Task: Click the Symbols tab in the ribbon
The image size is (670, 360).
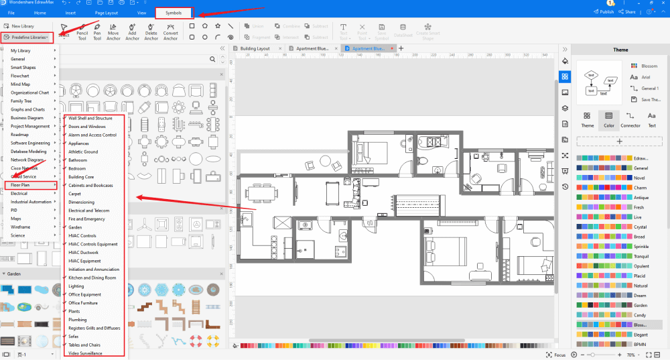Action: (x=174, y=13)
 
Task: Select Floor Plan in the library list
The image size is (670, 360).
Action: (x=21, y=184)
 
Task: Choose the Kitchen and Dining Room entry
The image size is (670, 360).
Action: (x=92, y=278)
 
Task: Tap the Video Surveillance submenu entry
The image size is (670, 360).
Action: (x=85, y=353)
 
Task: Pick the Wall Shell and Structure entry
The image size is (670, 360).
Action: (x=90, y=118)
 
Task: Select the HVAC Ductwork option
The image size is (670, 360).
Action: (x=83, y=252)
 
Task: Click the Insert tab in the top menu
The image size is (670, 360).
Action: (x=71, y=13)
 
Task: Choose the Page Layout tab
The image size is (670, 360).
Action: (x=106, y=13)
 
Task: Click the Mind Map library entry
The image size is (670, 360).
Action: (x=20, y=84)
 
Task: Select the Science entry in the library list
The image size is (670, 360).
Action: (x=18, y=235)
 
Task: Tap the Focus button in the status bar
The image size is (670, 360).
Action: (x=555, y=355)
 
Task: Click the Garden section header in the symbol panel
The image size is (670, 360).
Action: (x=13, y=274)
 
